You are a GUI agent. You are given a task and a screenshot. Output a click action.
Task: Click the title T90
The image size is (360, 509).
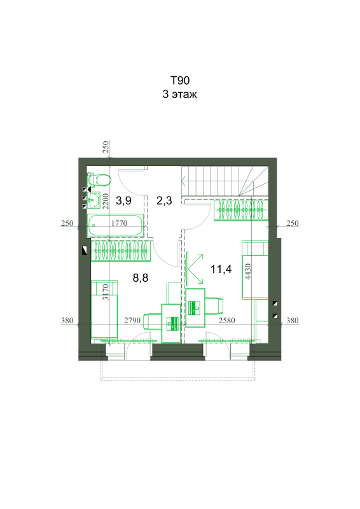(180, 80)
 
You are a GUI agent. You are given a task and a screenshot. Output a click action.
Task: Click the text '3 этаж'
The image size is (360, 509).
(180, 94)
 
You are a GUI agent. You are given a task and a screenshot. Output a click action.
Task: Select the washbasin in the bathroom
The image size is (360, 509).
(93, 200)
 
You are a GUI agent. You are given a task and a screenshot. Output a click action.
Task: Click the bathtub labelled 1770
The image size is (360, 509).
(116, 225)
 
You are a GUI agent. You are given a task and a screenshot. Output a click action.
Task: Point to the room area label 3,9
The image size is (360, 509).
(123, 200)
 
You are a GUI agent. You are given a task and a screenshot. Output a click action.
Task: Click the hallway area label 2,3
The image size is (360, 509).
(164, 200)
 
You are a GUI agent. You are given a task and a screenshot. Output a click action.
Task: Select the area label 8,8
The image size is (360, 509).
(141, 277)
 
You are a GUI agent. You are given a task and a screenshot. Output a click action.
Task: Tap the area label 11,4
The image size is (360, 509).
(221, 268)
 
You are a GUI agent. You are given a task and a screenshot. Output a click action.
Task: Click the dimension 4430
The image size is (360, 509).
(248, 272)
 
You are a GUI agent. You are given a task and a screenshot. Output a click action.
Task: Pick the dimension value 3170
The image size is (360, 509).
(105, 292)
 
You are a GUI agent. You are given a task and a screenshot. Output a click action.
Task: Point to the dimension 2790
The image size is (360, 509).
(132, 321)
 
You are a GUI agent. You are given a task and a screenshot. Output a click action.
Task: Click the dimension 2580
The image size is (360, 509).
(226, 321)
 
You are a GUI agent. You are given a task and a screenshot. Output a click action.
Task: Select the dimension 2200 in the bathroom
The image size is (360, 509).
(105, 201)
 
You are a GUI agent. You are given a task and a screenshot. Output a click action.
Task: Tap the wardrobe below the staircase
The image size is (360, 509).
(241, 211)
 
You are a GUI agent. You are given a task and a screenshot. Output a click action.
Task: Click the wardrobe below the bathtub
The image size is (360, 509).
(121, 251)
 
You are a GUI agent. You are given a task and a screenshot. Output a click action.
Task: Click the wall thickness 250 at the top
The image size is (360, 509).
(105, 147)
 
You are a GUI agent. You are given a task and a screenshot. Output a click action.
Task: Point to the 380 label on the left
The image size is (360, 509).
(67, 321)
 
